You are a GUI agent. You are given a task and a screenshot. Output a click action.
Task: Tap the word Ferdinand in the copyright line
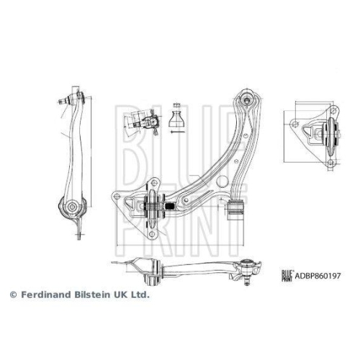click(x=44, y=295)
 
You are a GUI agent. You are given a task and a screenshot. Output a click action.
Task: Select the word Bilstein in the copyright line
click(x=90, y=295)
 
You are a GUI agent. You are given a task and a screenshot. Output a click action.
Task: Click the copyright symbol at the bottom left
click(x=12, y=295)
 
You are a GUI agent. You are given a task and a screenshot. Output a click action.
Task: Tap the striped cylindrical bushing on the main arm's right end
click(x=235, y=210)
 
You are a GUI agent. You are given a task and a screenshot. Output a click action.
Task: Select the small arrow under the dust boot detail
click(x=177, y=131)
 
